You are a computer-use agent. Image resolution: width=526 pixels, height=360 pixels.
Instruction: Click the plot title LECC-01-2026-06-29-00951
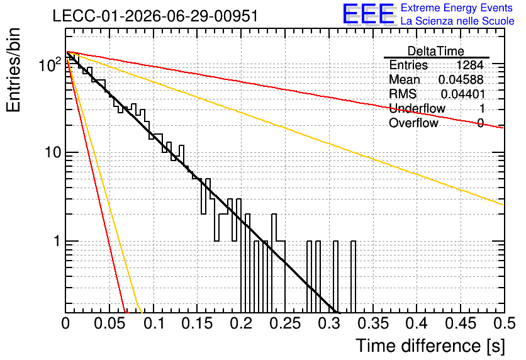pyautogui.click(x=155, y=16)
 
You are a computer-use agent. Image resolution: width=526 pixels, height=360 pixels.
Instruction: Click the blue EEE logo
pyautogui.click(x=369, y=14)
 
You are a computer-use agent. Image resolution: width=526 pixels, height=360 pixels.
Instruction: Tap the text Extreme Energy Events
pyautogui.click(x=457, y=8)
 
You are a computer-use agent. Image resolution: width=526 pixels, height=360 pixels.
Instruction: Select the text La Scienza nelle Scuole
pyautogui.click(x=457, y=21)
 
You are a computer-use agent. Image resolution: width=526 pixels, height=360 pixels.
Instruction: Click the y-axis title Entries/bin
pyautogui.click(x=14, y=70)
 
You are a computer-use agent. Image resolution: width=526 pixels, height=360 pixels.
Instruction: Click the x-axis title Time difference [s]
pyautogui.click(x=430, y=346)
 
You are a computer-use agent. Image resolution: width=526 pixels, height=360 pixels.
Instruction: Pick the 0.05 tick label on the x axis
pyautogui.click(x=109, y=323)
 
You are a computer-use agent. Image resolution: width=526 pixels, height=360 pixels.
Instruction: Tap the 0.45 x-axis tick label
pyautogui.click(x=461, y=323)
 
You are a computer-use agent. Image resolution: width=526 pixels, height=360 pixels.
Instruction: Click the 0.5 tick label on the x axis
pyautogui.click(x=504, y=323)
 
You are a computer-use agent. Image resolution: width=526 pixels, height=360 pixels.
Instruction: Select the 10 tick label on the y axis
pyautogui.click(x=52, y=153)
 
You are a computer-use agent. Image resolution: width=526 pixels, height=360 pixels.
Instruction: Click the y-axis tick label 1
pyautogui.click(x=57, y=241)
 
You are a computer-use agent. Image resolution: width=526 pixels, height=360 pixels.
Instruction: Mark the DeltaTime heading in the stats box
pyautogui.click(x=436, y=51)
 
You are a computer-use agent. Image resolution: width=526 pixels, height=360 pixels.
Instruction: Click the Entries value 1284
pyautogui.click(x=469, y=65)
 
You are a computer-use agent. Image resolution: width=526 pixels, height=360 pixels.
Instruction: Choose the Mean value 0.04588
pyautogui.click(x=461, y=80)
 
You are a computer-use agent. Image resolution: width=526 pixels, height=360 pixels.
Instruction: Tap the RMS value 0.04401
pyautogui.click(x=463, y=94)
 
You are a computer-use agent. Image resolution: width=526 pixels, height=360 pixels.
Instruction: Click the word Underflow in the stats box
pyautogui.click(x=417, y=108)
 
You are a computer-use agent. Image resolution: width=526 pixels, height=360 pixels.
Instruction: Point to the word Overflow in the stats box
pyautogui.click(x=413, y=123)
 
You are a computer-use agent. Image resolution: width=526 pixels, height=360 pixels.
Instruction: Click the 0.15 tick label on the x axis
pyautogui.click(x=198, y=323)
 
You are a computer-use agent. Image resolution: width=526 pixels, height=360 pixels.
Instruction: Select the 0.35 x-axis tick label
pyautogui.click(x=373, y=323)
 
